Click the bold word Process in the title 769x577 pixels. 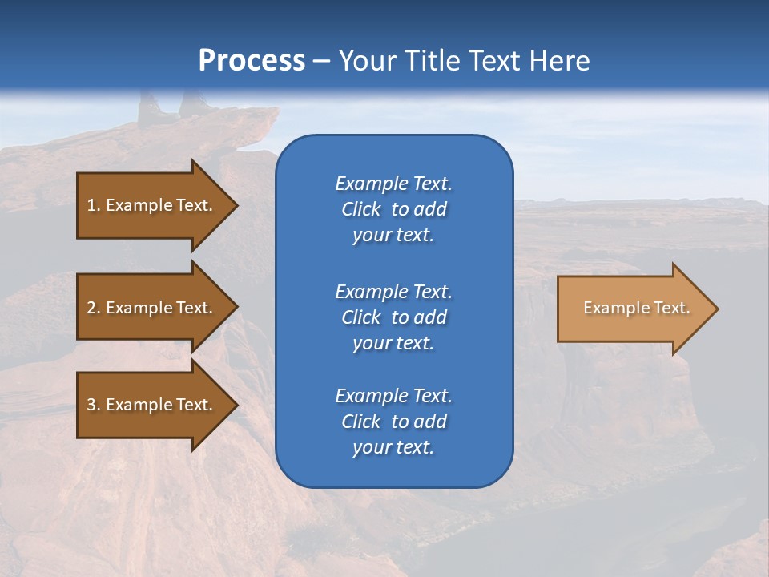(x=252, y=61)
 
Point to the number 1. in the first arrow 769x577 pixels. (x=94, y=205)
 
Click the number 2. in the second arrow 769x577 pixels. (x=94, y=308)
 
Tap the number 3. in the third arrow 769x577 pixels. (x=94, y=405)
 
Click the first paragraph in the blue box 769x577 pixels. (x=393, y=209)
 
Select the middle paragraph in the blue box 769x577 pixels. (x=393, y=317)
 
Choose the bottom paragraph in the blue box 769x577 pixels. (x=393, y=422)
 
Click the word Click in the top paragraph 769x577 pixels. (x=360, y=209)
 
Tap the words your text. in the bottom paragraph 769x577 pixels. (x=393, y=447)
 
